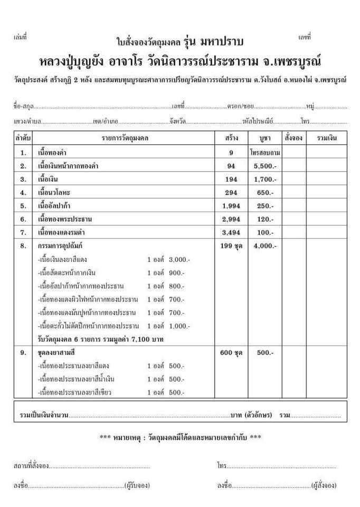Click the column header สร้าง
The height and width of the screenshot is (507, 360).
pos(231,138)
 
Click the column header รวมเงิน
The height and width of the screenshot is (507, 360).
pos(327,138)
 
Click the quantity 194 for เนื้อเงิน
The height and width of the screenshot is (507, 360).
pos(231,180)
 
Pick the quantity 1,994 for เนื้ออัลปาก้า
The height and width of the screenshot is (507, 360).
pos(231,206)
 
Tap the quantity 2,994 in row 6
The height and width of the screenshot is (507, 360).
pos(231,219)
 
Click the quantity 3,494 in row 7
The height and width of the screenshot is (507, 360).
pos(231,232)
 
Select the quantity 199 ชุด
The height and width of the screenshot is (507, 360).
pos(231,246)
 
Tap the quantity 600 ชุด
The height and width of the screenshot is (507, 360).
pos(231,353)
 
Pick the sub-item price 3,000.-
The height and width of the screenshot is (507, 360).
pos(179,260)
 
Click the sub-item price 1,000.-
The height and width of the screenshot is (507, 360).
pos(179,326)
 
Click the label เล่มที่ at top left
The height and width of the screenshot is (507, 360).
pos(20,37)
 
